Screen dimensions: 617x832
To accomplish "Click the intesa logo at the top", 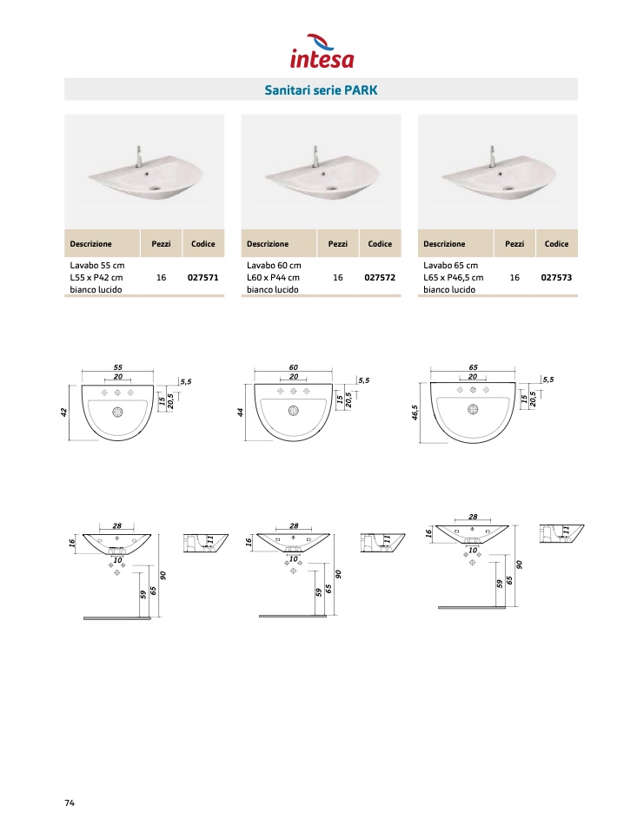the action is pyautogui.click(x=322, y=51).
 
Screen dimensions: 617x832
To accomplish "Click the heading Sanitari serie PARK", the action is pyautogui.click(x=321, y=89).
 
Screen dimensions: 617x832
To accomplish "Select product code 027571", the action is pyautogui.click(x=202, y=277).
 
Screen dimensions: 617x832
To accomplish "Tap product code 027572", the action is pyautogui.click(x=380, y=277).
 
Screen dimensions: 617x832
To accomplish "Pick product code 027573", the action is pyautogui.click(x=556, y=277).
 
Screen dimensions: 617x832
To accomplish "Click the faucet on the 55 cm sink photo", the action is pyautogui.click(x=139, y=156).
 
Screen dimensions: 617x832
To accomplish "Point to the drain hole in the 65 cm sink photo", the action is pyautogui.click(x=508, y=188).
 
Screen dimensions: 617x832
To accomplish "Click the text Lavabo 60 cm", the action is pyautogui.click(x=274, y=265).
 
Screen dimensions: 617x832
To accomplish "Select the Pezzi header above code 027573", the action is pyautogui.click(x=514, y=243).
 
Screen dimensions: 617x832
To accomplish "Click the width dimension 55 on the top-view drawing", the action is pyautogui.click(x=118, y=366).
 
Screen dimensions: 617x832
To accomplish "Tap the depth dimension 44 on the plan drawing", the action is pyautogui.click(x=241, y=412).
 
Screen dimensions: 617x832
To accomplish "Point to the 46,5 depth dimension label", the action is pyautogui.click(x=415, y=413).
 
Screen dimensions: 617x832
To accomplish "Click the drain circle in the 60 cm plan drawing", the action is pyautogui.click(x=294, y=410).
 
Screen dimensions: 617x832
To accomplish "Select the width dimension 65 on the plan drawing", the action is pyautogui.click(x=473, y=366).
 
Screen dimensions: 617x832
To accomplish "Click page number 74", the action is pyautogui.click(x=70, y=802).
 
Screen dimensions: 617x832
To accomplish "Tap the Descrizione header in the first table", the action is pyautogui.click(x=90, y=243).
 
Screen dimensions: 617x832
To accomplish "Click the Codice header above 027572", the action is pyautogui.click(x=380, y=243).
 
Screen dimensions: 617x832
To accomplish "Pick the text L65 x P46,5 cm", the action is pyautogui.click(x=453, y=277).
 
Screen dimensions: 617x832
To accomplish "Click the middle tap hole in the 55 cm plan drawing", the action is pyautogui.click(x=117, y=393).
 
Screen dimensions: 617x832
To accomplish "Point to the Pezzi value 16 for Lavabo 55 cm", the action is pyautogui.click(x=161, y=277).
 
